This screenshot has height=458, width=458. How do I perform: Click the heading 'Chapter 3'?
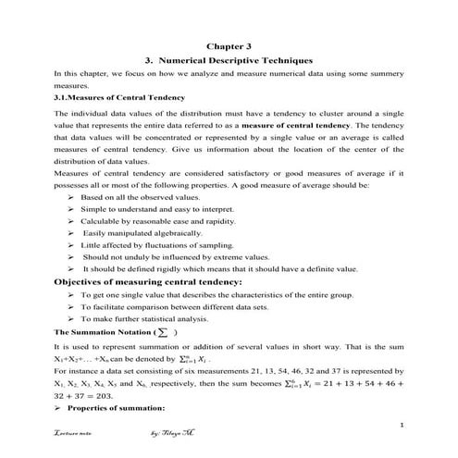coord(229,44)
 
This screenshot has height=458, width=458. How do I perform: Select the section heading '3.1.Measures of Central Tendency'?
coord(119,96)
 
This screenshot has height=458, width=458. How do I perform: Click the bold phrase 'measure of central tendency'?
coord(296,123)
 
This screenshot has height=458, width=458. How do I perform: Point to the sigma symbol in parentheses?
coord(163,330)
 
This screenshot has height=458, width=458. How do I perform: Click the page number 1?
coord(404,425)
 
